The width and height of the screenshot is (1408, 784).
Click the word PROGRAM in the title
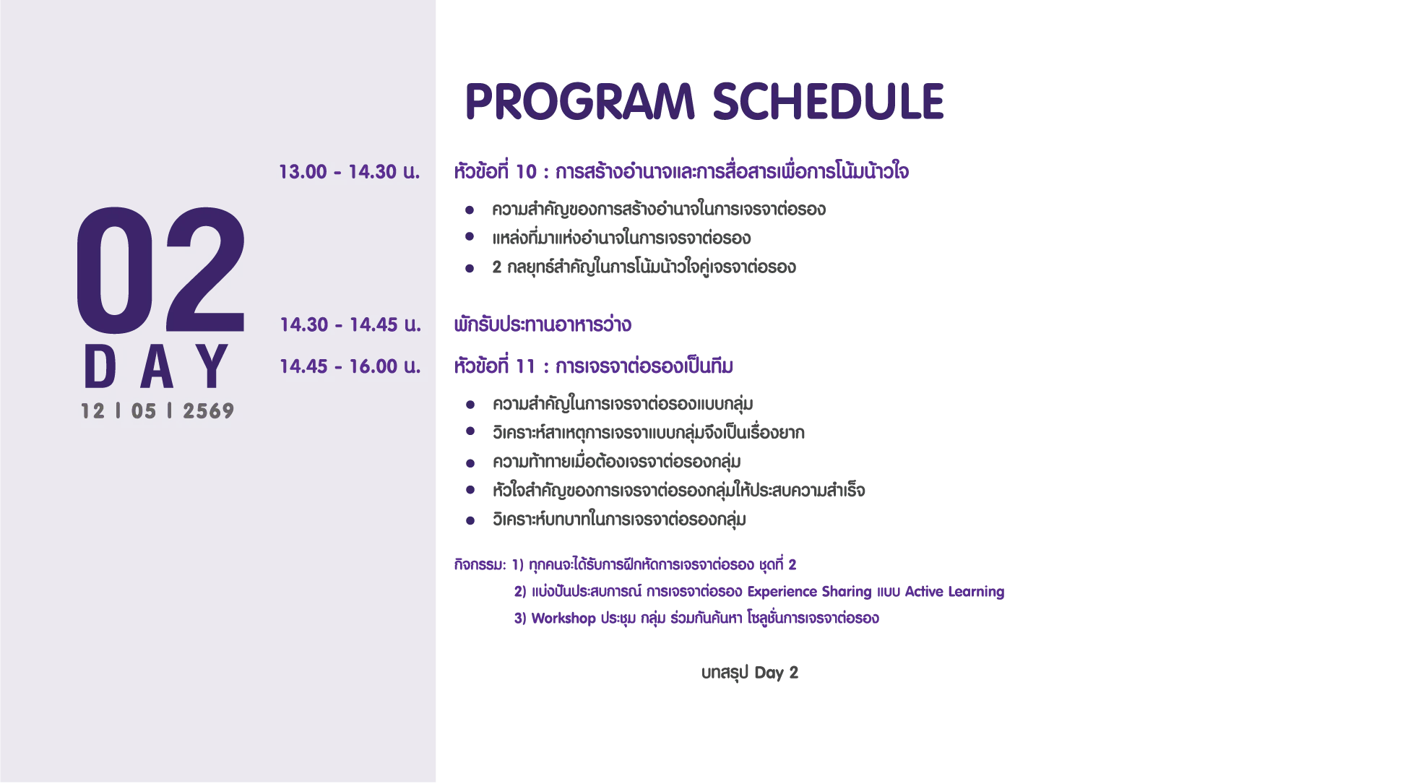tap(580, 101)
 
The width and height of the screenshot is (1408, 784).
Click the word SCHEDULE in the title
tap(829, 101)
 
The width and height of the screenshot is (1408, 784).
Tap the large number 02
tap(160, 270)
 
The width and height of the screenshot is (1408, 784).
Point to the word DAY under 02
tap(157, 366)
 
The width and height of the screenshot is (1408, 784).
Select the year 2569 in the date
tap(209, 411)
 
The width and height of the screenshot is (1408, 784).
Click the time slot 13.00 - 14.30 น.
tap(350, 172)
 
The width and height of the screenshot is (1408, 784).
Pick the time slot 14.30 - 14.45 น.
tap(350, 324)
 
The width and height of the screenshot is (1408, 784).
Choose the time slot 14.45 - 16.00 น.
tap(350, 366)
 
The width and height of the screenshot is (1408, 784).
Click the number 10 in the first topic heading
tap(526, 172)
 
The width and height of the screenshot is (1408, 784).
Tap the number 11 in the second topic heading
tap(525, 366)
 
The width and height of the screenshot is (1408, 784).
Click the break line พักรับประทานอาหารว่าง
tap(543, 324)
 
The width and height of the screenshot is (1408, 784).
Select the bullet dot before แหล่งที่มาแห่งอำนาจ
tap(470, 236)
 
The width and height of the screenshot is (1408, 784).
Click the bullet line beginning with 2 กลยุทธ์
tap(644, 267)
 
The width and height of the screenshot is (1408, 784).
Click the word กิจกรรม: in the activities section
tap(480, 564)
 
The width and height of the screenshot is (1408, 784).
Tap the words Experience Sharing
tap(809, 592)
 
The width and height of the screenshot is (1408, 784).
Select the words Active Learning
tap(954, 592)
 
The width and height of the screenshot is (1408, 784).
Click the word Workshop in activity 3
tap(563, 619)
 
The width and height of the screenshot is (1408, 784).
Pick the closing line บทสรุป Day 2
tap(750, 673)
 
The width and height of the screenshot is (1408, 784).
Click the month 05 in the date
tap(144, 411)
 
